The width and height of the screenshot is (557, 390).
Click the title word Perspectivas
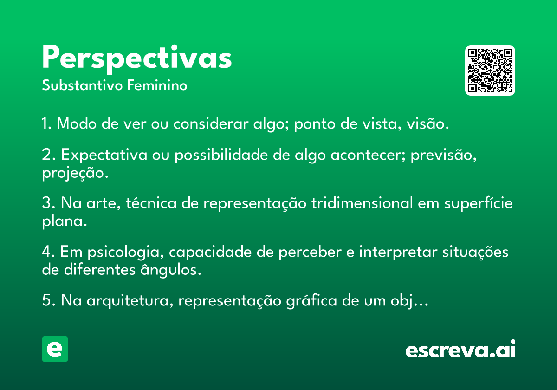(137, 59)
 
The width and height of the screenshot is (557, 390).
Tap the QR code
(490, 71)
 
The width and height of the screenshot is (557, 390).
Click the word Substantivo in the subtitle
(82, 85)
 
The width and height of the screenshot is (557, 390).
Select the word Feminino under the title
(157, 85)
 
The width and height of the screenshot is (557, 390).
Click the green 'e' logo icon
(55, 349)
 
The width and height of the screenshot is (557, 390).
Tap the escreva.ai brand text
(460, 349)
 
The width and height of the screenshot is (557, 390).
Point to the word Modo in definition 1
(77, 123)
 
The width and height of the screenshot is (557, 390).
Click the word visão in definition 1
(427, 123)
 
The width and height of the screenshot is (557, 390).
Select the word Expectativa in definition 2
(104, 155)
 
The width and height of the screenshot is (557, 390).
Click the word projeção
(75, 173)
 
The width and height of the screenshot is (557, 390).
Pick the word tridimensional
(363, 203)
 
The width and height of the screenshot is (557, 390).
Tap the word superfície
(479, 203)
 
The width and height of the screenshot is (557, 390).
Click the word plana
(65, 221)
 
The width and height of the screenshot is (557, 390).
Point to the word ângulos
(171, 270)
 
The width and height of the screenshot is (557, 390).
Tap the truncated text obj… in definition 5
(409, 301)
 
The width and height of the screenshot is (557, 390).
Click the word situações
(475, 252)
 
